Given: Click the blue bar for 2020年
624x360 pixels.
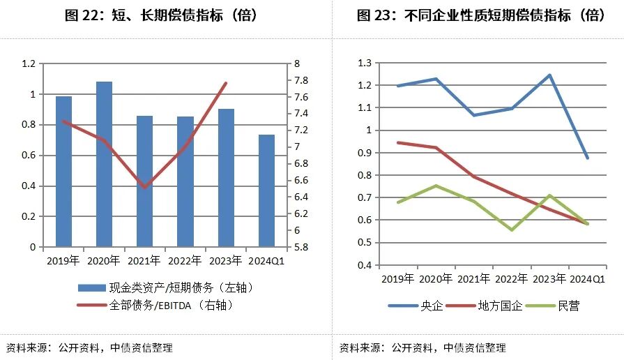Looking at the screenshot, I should click(x=104, y=164).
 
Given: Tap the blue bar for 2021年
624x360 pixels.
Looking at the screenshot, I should click(x=144, y=181).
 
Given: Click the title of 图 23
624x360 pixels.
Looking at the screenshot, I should click(x=480, y=15).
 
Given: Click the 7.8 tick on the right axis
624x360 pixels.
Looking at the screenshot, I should click(x=301, y=80).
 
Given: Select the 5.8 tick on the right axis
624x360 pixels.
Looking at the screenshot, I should click(x=301, y=247).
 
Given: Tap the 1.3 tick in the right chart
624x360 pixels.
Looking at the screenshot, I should click(x=365, y=63).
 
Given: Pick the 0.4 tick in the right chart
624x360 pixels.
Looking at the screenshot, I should click(x=365, y=265).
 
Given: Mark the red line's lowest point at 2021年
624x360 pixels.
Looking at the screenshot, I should click(x=144, y=188).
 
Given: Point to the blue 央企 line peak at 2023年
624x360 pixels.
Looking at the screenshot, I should click(x=549, y=75).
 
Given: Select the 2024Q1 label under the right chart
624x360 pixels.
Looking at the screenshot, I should click(x=588, y=278).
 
